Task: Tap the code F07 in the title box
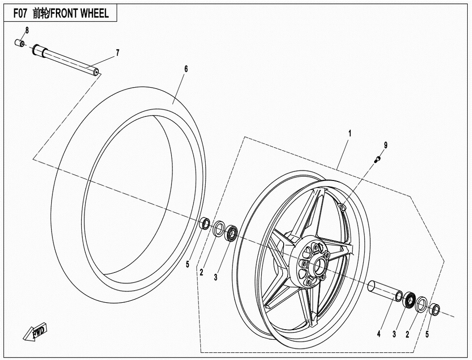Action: point(20,13)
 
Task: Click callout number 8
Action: point(27,30)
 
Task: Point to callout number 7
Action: point(118,53)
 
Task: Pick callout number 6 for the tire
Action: point(186,69)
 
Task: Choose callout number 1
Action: point(350,133)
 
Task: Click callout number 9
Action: point(386,145)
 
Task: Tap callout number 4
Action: point(379,334)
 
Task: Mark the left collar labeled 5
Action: point(206,223)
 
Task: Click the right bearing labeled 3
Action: point(409,299)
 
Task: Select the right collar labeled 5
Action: point(434,309)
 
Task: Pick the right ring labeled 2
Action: point(421,304)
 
